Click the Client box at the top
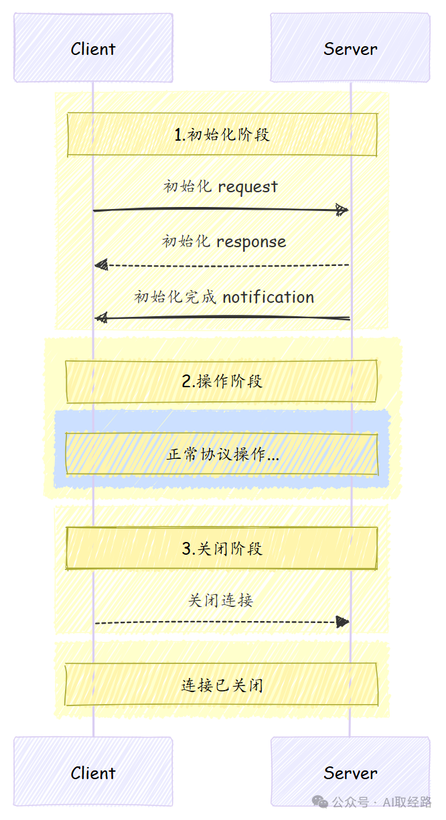[x=93, y=48]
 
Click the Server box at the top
[x=350, y=48]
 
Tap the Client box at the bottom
[x=93, y=772]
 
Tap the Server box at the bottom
[x=350, y=772]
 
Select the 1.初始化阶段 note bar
[x=222, y=135]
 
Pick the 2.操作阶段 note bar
[x=222, y=381]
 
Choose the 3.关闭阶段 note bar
[x=222, y=549]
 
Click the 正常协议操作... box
[x=222, y=454]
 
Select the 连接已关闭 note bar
[x=222, y=685]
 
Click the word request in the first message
[x=248, y=187]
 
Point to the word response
[x=251, y=242]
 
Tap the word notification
[x=268, y=297]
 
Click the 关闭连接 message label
[x=220, y=600]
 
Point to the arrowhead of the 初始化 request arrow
[x=342, y=210]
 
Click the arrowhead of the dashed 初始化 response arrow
[x=101, y=265]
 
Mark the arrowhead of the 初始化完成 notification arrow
[x=101, y=317]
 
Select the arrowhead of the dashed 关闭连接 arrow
[x=342, y=622]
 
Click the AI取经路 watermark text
[x=409, y=802]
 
